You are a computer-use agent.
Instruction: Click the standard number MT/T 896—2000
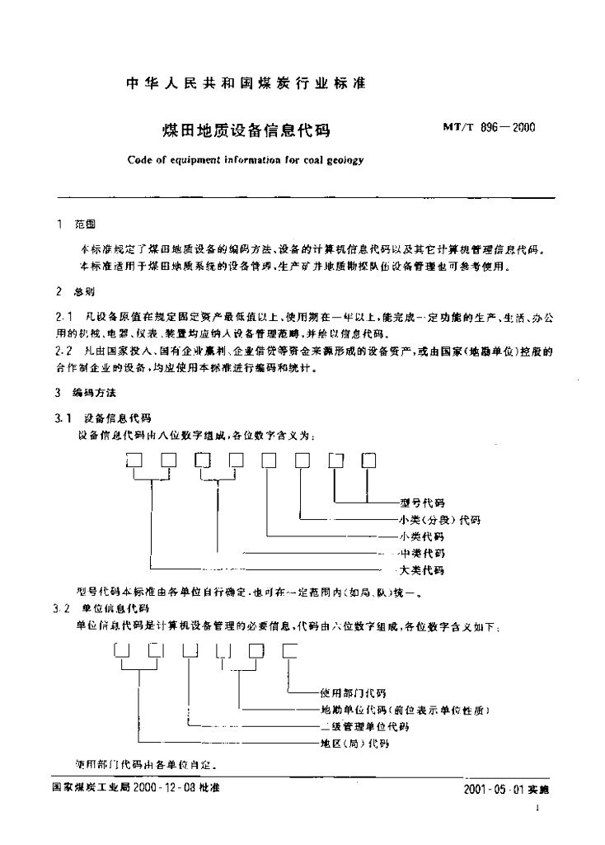(490, 127)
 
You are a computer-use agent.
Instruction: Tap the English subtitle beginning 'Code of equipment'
(245, 161)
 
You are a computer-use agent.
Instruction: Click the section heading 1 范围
(75, 224)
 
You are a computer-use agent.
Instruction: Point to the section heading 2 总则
(75, 291)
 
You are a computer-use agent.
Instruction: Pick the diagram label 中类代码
(421, 553)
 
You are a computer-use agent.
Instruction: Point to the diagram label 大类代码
(421, 570)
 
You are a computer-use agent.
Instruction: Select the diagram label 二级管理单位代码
(363, 726)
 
